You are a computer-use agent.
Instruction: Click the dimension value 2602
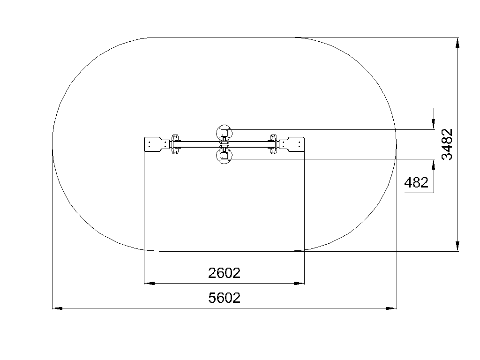tap(224, 273)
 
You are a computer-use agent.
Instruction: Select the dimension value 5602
tap(224, 298)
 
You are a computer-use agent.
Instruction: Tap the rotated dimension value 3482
tap(447, 144)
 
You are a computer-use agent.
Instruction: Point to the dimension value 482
tap(416, 183)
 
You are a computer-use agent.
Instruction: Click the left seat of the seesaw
tap(157, 144)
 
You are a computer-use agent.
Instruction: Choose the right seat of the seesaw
tap(291, 144)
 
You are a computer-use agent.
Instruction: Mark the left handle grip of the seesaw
tap(175, 144)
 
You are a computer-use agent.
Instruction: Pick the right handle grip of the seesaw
tap(273, 144)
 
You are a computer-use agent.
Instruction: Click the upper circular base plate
tap(225, 133)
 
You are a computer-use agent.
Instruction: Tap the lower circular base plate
tap(225, 156)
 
